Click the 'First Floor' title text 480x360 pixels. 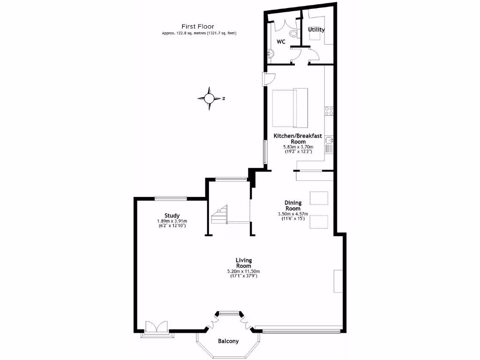(x=198, y=27)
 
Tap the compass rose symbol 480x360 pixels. (x=209, y=98)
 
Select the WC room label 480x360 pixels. (x=281, y=42)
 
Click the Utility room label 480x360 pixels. (x=316, y=30)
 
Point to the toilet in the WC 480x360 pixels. (x=294, y=33)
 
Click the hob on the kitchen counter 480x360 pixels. (x=329, y=111)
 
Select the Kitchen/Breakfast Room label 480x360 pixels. (x=298, y=139)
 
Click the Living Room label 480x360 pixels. (x=244, y=263)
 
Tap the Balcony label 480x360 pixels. (x=228, y=341)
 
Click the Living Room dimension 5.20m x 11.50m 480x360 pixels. (x=244, y=271)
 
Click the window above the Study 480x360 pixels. (x=171, y=198)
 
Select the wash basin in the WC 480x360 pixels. (x=270, y=53)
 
